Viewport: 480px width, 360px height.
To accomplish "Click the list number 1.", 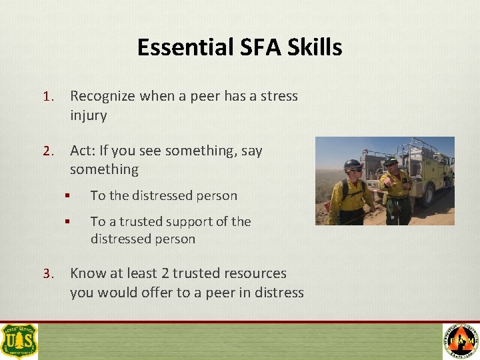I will pyautogui.click(x=47, y=97).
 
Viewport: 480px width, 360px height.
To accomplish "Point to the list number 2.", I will pyautogui.click(x=47, y=151).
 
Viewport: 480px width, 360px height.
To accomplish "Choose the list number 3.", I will pyautogui.click(x=47, y=274).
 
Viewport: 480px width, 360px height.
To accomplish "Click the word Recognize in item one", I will pyautogui.click(x=102, y=97).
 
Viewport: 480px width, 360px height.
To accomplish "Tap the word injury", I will pyautogui.click(x=88, y=115).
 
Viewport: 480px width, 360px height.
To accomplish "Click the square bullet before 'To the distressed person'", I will pyautogui.click(x=67, y=196).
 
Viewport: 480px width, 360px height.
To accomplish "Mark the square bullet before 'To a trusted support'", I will pyautogui.click(x=67, y=222).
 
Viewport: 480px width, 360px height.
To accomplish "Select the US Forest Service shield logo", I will pyautogui.click(x=19, y=341).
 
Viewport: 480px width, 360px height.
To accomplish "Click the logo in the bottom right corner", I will pyautogui.click(x=460, y=341).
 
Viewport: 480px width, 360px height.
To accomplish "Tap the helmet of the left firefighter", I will pyautogui.click(x=353, y=165).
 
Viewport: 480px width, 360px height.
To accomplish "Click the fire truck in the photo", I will pyautogui.click(x=420, y=170).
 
